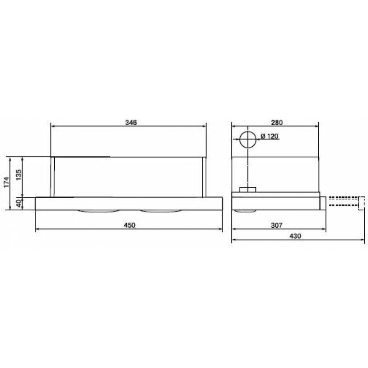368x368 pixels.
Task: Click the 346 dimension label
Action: coord(131,122)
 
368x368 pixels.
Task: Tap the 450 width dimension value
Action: coord(130,225)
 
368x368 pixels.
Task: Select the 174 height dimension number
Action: coord(6,182)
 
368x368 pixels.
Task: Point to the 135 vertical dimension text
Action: coord(18,175)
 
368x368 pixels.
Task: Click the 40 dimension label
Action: coord(18,203)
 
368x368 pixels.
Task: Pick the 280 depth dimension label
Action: coord(277,122)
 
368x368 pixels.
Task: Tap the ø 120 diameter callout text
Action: coord(270,136)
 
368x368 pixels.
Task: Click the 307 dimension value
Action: coord(277,225)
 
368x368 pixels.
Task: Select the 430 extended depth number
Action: coord(295,236)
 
